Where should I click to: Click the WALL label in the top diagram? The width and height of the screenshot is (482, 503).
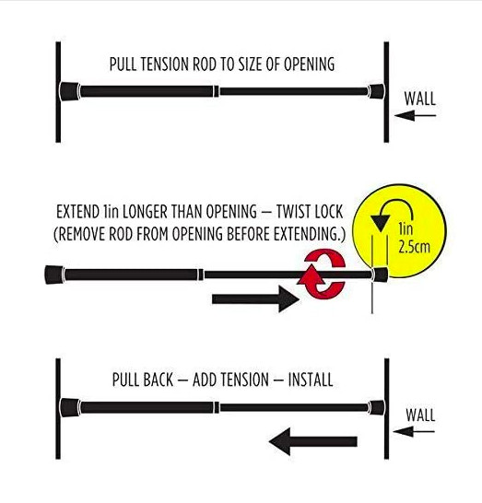(419, 99)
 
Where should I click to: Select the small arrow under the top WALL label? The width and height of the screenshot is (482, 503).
(416, 115)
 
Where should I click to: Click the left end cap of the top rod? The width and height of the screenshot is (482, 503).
(69, 91)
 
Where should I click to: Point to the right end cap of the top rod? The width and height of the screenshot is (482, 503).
(376, 91)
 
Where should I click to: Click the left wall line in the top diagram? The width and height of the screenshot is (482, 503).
(58, 92)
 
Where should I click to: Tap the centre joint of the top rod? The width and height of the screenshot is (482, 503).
(217, 91)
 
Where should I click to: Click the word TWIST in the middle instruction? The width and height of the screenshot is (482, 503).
(294, 212)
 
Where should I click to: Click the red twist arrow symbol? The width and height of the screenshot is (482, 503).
(322, 274)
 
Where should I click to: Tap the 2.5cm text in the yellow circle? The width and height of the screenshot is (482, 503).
(414, 247)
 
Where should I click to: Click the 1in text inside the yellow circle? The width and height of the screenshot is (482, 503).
(405, 229)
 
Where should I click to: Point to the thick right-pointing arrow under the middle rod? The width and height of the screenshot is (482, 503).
(256, 299)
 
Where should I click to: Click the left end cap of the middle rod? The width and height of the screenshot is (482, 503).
(54, 275)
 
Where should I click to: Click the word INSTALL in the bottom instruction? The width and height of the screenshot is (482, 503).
(311, 380)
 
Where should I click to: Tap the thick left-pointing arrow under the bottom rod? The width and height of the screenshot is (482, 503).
(313, 441)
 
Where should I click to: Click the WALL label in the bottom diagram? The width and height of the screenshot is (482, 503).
(420, 415)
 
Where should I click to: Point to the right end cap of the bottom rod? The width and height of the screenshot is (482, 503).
(376, 407)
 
